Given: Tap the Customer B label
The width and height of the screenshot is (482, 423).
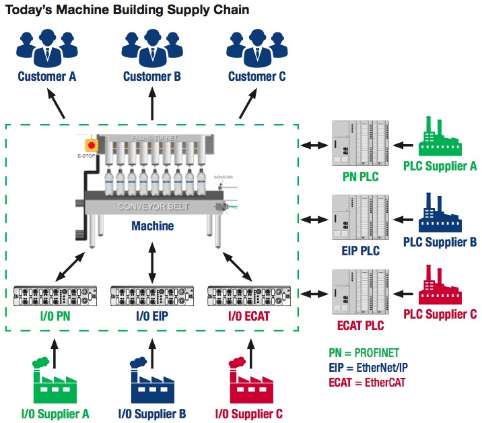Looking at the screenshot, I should tap(152, 77).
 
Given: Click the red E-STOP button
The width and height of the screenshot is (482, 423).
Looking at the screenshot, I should tap(91, 145).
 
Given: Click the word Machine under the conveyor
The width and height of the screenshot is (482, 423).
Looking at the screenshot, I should tap(152, 226).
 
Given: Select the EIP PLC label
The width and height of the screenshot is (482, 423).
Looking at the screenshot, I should tap(359, 251).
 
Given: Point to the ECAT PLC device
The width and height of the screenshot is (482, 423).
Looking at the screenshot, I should tap(359, 292).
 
